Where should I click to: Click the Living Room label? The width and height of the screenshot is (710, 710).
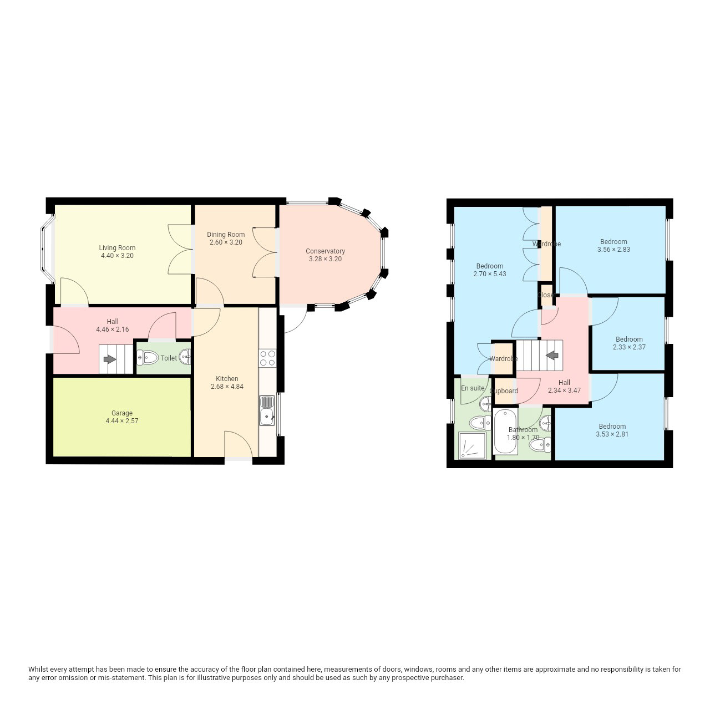click(x=117, y=247)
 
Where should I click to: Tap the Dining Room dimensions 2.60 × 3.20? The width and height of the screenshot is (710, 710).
click(x=226, y=242)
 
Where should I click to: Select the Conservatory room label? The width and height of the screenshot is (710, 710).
click(x=325, y=251)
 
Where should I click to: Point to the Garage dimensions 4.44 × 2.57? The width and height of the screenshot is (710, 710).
click(x=121, y=421)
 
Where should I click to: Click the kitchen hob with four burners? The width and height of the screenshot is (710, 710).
click(x=267, y=358)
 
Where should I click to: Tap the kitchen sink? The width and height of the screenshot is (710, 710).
click(x=267, y=411)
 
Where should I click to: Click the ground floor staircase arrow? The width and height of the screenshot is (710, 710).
click(x=109, y=359)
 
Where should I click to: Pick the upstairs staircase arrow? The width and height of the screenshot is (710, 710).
click(x=551, y=356)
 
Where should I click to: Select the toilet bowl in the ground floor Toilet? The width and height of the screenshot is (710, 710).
click(x=147, y=357)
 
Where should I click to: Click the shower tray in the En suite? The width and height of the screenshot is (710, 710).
click(x=473, y=445)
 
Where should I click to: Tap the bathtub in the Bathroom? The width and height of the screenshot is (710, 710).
click(x=505, y=432)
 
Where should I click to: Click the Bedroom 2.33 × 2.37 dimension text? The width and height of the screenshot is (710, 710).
click(x=629, y=347)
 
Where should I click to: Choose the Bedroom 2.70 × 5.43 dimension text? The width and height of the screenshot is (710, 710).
click(x=489, y=274)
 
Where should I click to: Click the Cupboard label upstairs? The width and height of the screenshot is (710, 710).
click(x=504, y=391)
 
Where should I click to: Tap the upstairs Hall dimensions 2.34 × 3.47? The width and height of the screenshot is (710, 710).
click(x=564, y=390)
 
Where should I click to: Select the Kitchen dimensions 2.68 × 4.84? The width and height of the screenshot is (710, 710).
click(x=227, y=387)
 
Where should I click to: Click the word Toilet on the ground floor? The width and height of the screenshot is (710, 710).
click(x=169, y=358)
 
